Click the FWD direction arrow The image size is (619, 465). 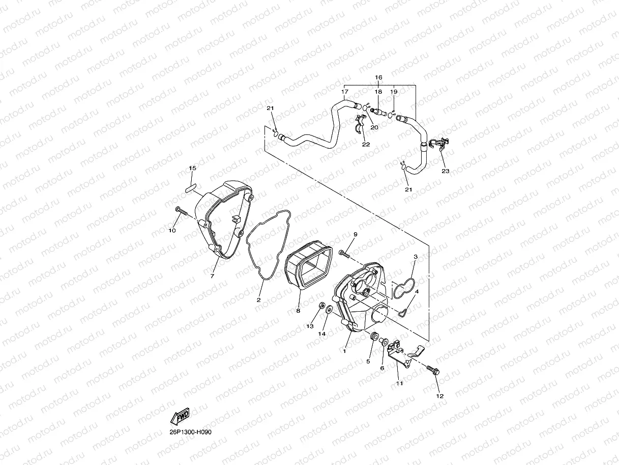point(180,417)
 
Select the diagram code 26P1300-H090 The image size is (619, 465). point(191,432)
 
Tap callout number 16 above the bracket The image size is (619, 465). point(378,77)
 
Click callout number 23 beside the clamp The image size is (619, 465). point(446,171)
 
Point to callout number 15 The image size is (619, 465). point(193,168)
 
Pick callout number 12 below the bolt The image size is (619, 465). point(439,396)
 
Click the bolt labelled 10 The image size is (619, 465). point(182,210)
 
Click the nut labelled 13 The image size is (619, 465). point(321,306)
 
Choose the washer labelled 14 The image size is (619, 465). point(329,309)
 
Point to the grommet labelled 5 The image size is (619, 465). point(374,337)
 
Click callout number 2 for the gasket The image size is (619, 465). point(258,300)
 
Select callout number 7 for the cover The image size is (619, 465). point(213,276)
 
